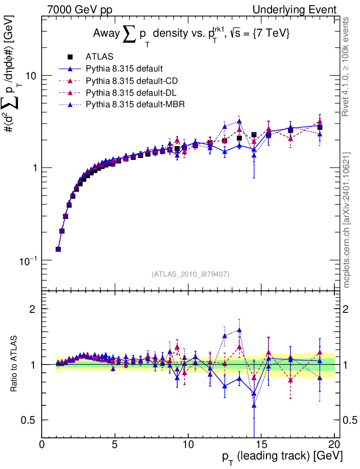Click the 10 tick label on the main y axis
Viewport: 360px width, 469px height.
click(31, 76)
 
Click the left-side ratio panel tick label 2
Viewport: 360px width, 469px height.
click(33, 309)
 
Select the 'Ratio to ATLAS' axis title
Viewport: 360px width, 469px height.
click(14, 365)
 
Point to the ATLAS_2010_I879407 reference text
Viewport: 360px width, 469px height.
click(191, 274)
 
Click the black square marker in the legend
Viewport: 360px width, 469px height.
click(70, 57)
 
